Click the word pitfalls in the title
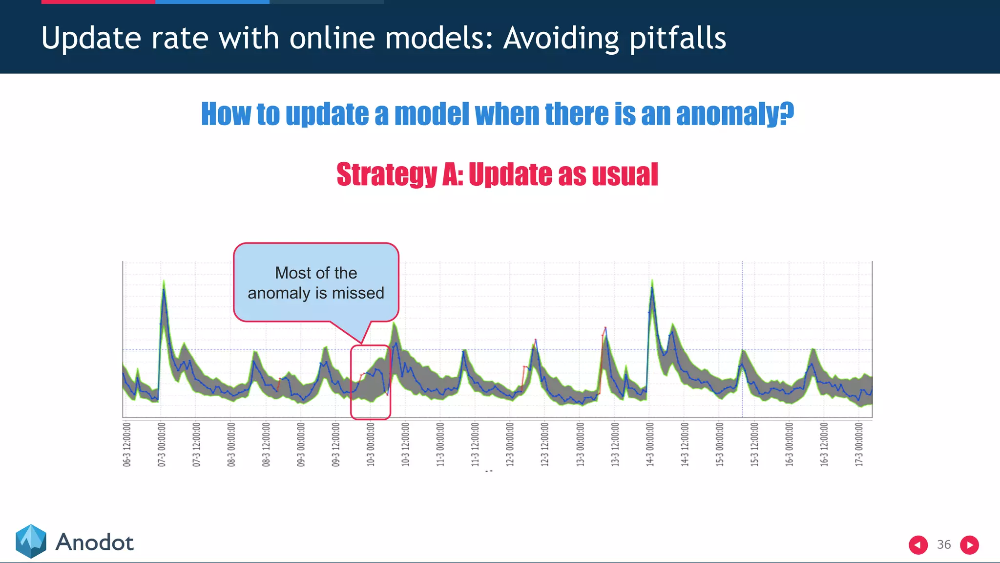(x=677, y=39)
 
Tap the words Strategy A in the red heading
(x=399, y=174)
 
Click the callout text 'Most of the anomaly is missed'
(x=316, y=283)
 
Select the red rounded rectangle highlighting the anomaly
(x=371, y=382)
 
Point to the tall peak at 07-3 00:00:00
(x=164, y=288)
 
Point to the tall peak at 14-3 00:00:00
(x=652, y=288)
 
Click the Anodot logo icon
(x=31, y=541)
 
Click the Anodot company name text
(x=94, y=542)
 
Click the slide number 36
(x=943, y=544)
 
